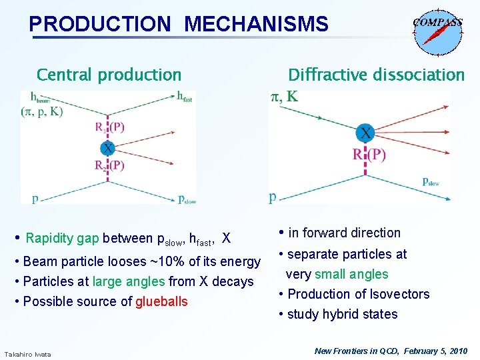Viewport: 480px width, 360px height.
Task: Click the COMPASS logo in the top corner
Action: click(437, 30)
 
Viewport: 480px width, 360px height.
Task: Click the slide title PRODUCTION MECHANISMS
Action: click(179, 25)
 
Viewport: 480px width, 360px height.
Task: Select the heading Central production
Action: click(109, 75)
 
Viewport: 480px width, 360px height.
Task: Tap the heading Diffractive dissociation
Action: click(376, 75)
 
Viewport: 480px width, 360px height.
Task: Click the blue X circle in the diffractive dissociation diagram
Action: click(365, 133)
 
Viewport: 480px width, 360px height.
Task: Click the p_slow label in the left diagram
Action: click(187, 199)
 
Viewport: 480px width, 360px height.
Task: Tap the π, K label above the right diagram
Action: click(284, 97)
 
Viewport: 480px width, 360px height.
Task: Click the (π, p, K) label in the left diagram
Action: click(41, 111)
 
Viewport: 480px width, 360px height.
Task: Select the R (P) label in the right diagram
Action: click(369, 155)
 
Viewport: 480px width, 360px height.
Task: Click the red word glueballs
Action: click(161, 301)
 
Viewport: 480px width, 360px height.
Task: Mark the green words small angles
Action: click(351, 274)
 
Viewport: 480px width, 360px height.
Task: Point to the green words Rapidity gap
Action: click(63, 238)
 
